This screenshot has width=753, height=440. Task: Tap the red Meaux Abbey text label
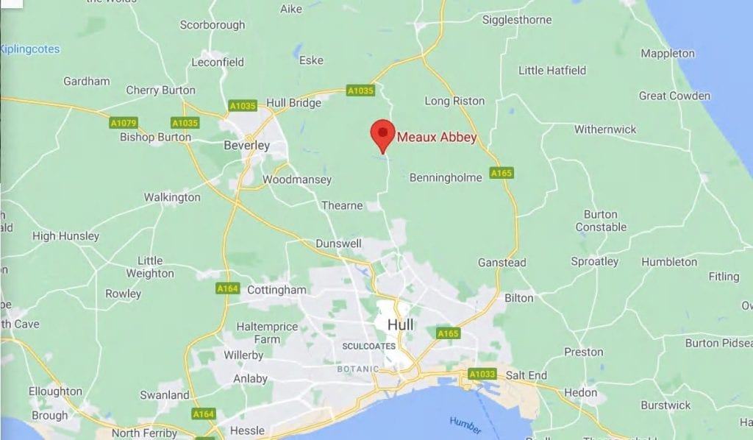[437, 137]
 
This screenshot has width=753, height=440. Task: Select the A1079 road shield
[124, 123]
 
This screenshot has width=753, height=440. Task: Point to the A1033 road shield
[482, 375]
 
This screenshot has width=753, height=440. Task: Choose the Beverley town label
[246, 146]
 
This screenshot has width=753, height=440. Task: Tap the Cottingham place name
[276, 290]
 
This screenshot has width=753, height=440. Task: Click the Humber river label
[465, 425]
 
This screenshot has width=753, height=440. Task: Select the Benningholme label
[446, 177]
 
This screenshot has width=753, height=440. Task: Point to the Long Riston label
[454, 101]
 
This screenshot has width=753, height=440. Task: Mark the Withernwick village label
[605, 129]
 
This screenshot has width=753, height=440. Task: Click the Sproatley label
[594, 261]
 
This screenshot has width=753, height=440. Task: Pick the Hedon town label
[581, 392]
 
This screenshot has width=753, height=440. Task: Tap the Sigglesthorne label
[517, 20]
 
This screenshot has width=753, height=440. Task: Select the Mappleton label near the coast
[667, 53]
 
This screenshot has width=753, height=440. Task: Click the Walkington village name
[172, 197]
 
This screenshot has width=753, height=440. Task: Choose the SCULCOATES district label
[369, 346]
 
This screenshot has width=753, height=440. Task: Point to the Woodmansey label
[297, 180]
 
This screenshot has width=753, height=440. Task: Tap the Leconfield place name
[217, 63]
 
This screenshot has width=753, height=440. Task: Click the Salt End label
[527, 375]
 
